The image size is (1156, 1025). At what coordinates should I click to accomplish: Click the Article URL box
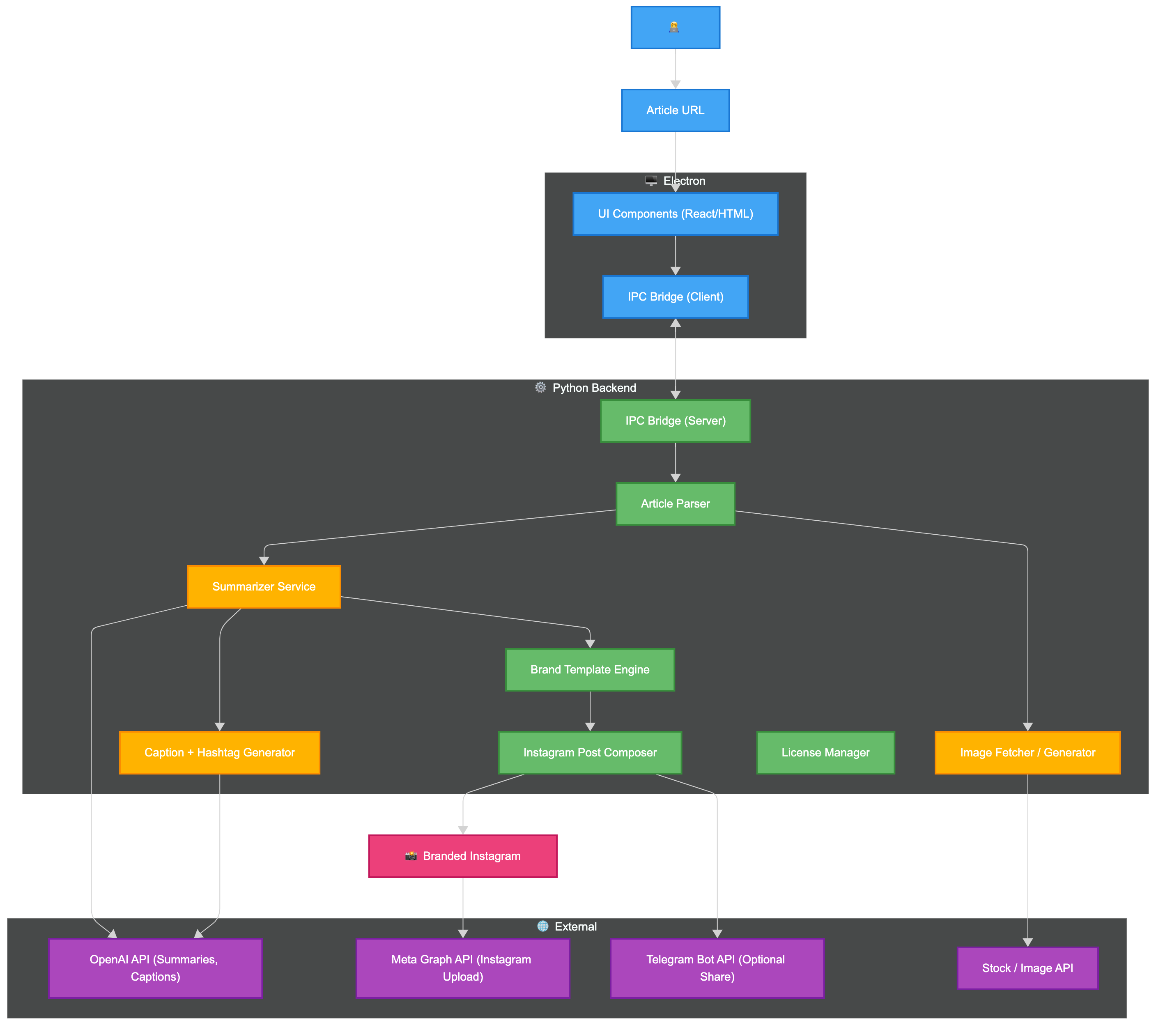(675, 110)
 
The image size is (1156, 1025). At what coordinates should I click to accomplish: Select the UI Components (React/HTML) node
(675, 214)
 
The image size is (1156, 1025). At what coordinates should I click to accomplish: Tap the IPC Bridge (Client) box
(675, 296)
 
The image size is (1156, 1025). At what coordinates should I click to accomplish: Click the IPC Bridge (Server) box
(675, 420)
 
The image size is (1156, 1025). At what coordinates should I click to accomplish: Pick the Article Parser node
(675, 503)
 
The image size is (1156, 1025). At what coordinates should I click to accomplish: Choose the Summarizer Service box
(264, 586)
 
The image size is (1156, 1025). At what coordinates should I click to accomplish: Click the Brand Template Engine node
(589, 669)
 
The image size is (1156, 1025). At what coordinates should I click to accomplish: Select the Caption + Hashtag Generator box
(219, 752)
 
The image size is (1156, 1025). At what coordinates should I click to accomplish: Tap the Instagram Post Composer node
(589, 752)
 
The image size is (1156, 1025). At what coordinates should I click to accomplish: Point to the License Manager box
(825, 752)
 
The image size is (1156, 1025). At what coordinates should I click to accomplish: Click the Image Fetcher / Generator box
(1027, 752)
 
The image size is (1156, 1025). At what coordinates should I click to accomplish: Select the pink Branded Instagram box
(463, 856)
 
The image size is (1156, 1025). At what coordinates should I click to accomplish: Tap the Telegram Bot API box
(717, 968)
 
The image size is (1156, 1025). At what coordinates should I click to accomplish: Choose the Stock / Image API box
(1027, 968)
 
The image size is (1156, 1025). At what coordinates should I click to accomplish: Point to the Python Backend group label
(593, 388)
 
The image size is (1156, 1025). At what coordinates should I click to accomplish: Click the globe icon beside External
(542, 926)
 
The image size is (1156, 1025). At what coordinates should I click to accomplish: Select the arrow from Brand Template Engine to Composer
(590, 710)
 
